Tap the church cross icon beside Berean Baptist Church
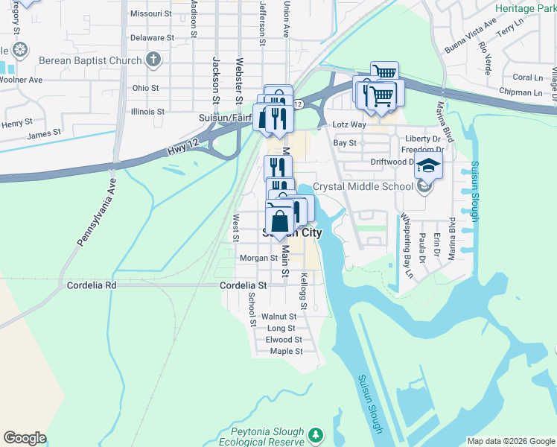(153, 60)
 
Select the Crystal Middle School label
(363, 186)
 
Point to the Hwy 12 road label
(177, 150)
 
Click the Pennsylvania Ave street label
(93, 212)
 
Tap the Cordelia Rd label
(92, 285)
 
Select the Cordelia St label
(243, 285)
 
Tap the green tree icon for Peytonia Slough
(316, 434)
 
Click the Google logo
(25, 438)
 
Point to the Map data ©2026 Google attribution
(511, 441)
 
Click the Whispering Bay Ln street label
(407, 246)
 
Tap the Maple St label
(286, 351)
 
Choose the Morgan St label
(258, 258)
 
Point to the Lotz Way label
(348, 124)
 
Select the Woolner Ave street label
(20, 79)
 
